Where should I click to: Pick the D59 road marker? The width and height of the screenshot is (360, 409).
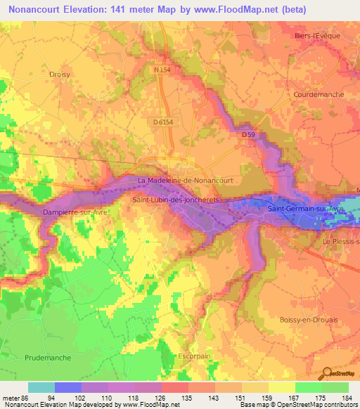coord(247,134)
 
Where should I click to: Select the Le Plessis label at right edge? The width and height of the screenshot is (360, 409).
coord(342,242)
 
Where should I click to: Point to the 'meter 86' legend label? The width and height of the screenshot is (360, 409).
coord(13,398)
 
